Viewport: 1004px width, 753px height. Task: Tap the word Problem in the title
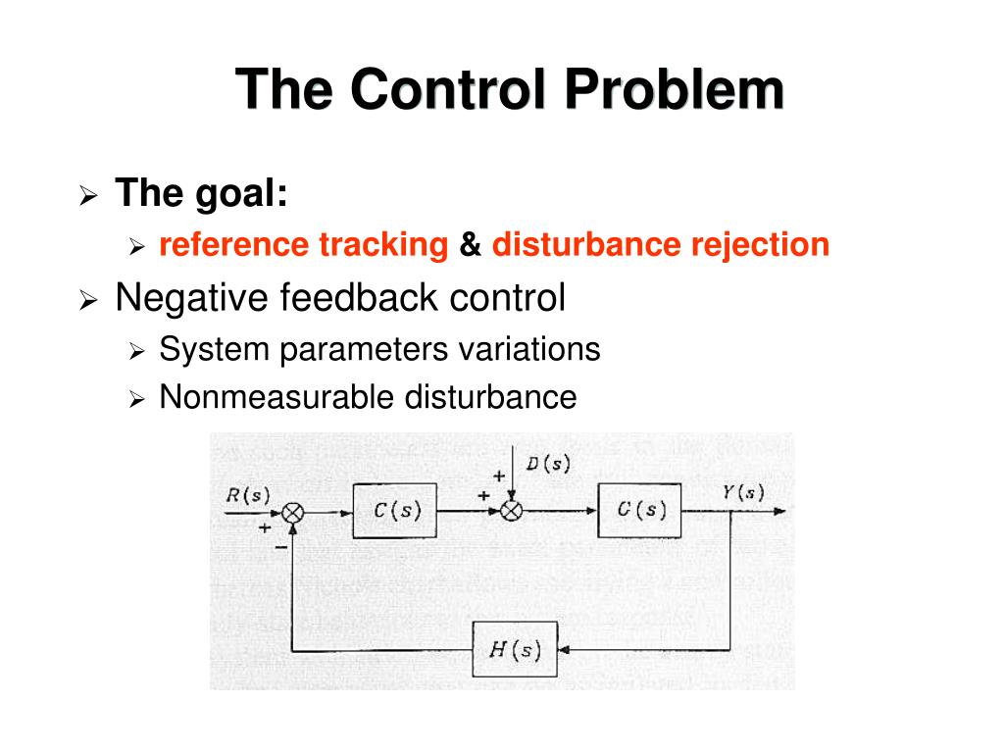coord(674,90)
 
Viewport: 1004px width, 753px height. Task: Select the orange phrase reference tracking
coord(303,244)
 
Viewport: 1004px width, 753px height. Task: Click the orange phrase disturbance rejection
coord(661,244)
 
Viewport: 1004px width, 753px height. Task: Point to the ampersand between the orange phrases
coord(470,244)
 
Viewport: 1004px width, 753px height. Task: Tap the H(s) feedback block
coord(515,649)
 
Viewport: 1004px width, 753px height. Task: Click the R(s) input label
coord(247,494)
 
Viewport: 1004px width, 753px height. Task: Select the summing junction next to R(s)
coord(292,512)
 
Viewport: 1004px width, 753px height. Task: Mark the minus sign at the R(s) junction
coord(281,546)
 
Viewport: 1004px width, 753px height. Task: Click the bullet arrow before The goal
coord(87,196)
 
